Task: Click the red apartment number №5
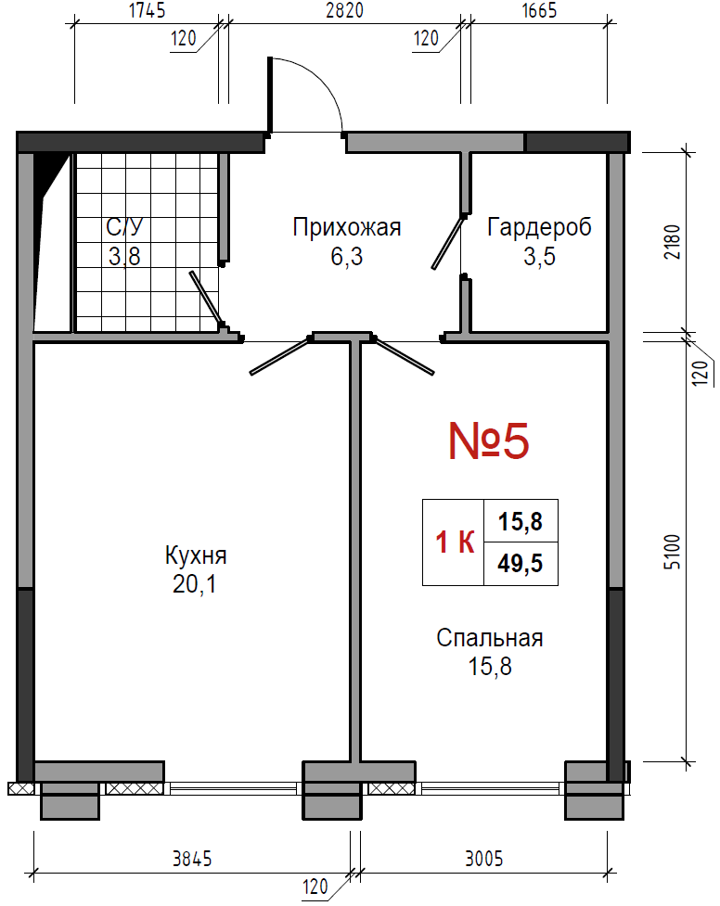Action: coord(489,440)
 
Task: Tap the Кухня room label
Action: coord(196,555)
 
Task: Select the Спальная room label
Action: coord(490,639)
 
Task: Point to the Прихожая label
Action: coord(346,227)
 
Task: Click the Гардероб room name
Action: coord(540,227)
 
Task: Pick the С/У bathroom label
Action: coord(124,226)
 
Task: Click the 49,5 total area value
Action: coord(521,564)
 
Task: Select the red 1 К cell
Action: coord(456,542)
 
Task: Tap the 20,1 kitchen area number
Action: coord(194,584)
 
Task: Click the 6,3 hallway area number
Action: coord(347,256)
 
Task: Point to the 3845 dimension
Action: coord(193,860)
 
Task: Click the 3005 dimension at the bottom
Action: coord(484,860)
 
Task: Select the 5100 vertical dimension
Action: coord(672,552)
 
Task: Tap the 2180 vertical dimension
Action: coord(672,241)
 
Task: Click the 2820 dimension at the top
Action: coord(344,10)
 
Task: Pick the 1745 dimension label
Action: coord(147,10)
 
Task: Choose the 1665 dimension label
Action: coord(540,10)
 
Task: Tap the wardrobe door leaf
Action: coord(449,243)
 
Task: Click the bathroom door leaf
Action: coord(207,300)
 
